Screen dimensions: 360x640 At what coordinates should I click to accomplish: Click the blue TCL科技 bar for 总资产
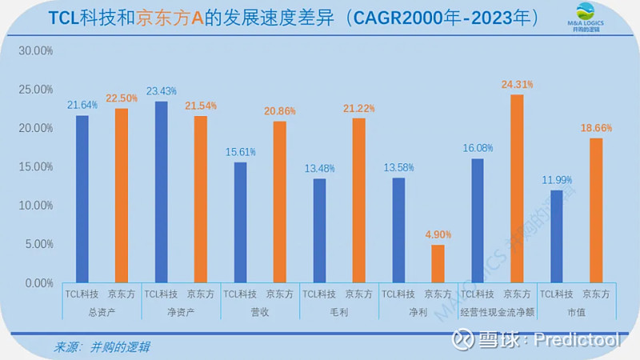point(82,199)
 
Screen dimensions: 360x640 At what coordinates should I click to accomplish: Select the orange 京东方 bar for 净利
point(438,264)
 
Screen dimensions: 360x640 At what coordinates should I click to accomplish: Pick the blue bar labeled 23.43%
point(161,192)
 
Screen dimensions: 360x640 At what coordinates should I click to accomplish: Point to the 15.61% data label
point(240,152)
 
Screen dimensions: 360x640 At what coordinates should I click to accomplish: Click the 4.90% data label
point(438,234)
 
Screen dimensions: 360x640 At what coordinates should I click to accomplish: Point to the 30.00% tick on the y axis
point(36,50)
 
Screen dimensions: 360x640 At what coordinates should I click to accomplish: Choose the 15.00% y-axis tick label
point(36,167)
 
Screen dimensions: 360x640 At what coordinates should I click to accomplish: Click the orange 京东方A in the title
point(172,18)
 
